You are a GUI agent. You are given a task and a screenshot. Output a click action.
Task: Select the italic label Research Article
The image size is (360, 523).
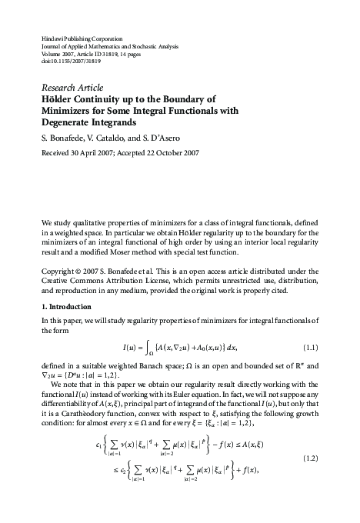[72, 87]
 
